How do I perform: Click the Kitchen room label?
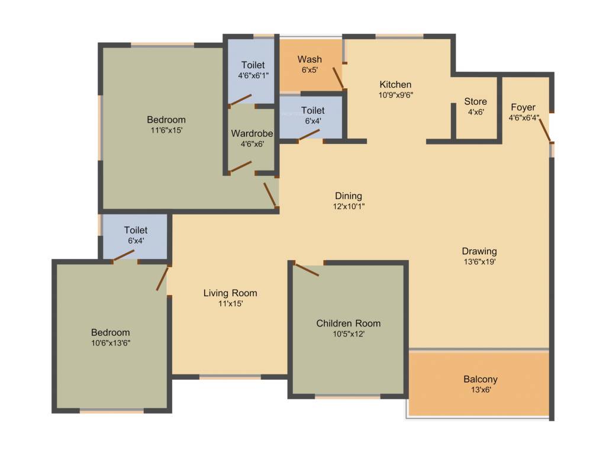coord(395,84)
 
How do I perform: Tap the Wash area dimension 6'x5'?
coord(310,69)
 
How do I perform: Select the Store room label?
coord(475,101)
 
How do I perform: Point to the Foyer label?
coord(523,107)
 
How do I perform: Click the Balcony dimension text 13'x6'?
coord(480,390)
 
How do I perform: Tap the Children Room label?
coord(348,323)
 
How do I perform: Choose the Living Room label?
coord(230,293)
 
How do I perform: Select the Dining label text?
coord(348,196)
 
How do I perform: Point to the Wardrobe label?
coord(252,133)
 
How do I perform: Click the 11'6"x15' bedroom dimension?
coord(166,130)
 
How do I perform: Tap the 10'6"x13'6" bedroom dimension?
coord(110,343)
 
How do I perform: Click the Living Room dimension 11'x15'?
coord(230,303)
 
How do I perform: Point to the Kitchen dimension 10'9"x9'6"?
coord(395,94)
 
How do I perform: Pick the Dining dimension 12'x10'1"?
coord(348,206)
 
